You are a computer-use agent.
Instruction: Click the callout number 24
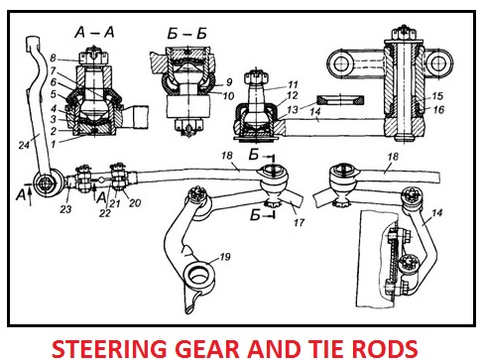tap(24, 145)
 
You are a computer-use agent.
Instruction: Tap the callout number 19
tap(225, 257)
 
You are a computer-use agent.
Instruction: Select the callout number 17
tap(299, 222)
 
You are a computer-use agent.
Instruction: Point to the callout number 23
tap(65, 209)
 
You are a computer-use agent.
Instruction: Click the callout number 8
tap(53, 59)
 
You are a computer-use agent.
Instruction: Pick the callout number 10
tap(228, 96)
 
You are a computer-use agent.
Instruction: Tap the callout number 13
tap(293, 109)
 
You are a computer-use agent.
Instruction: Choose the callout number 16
tap(438, 109)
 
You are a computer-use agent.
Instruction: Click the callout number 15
tap(437, 96)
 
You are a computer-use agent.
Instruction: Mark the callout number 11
tap(293, 84)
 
